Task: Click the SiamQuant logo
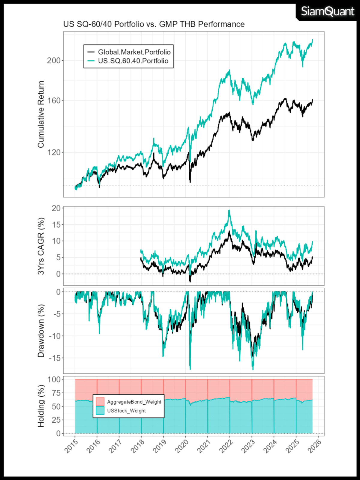[x=327, y=12]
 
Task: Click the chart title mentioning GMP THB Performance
[x=154, y=24]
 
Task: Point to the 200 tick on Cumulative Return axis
[x=54, y=60]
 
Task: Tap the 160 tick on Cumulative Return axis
[x=54, y=100]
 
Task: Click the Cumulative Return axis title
[x=41, y=114]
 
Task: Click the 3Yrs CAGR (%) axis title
[x=41, y=246]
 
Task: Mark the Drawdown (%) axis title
[x=41, y=331]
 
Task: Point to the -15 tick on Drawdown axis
[x=54, y=358]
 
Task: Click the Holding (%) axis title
[x=41, y=406]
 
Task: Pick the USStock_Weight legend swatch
[x=100, y=411]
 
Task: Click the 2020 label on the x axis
[x=182, y=446]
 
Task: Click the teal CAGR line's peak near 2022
[x=229, y=210]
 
